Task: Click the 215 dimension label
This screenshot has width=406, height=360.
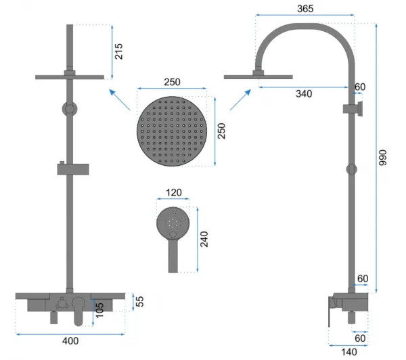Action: pos(118,51)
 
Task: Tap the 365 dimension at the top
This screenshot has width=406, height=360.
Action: pos(305,9)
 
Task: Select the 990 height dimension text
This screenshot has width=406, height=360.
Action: pos(382,158)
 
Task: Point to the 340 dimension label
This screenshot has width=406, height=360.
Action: pos(304,93)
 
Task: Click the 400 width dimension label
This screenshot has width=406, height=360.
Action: pos(70,341)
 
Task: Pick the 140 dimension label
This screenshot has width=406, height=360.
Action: pos(348,352)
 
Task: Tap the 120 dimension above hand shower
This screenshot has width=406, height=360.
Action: pos(173,192)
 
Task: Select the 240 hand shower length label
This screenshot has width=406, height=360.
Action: pos(204,239)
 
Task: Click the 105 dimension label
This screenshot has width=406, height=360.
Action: pos(99,310)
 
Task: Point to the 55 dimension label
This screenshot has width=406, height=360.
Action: pos(139,302)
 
